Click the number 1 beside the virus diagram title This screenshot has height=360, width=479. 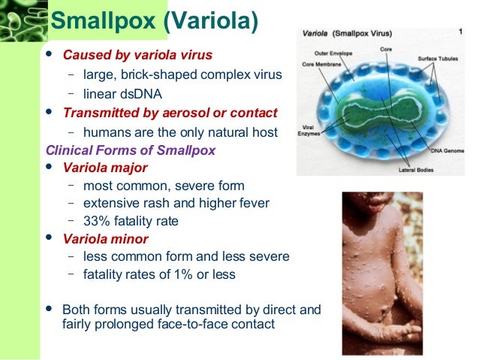coord(459,32)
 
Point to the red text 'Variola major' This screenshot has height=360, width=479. coord(105,167)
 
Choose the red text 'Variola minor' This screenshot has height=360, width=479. coord(105,239)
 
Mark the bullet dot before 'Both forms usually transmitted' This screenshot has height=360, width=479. coord(50,308)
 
